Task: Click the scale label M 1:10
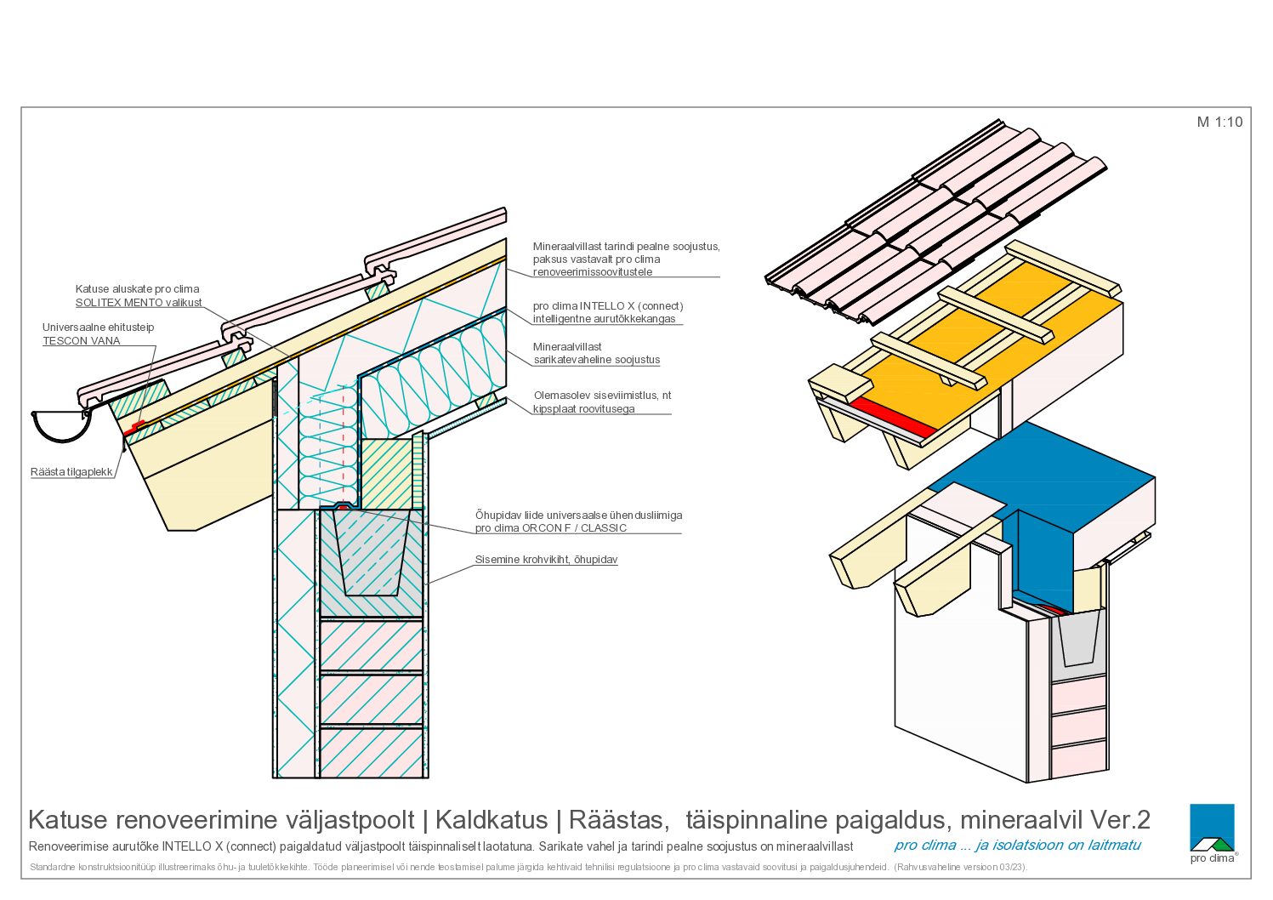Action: pos(1219,122)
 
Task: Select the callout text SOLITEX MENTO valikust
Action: pos(138,303)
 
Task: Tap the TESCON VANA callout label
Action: pos(82,340)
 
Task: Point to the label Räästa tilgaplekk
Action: pos(71,471)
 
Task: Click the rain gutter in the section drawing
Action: pos(61,426)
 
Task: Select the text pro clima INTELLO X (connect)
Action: pos(607,306)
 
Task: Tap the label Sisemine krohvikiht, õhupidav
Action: pos(546,560)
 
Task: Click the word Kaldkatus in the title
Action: pos(491,820)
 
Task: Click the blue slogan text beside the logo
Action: pos(1017,846)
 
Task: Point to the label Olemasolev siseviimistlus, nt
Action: pos(602,396)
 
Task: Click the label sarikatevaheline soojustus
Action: pos(596,359)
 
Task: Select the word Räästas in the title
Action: pos(616,820)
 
